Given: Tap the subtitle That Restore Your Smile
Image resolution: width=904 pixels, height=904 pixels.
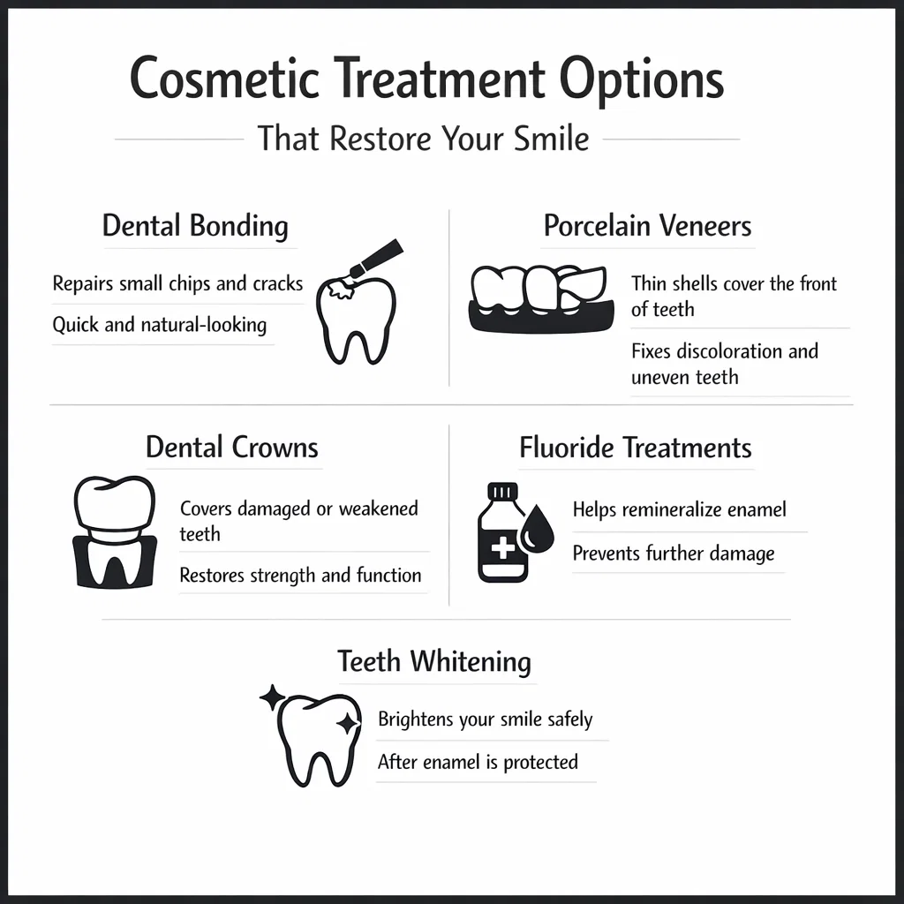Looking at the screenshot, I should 423,139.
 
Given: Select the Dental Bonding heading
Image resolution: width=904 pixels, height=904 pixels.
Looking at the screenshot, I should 195,225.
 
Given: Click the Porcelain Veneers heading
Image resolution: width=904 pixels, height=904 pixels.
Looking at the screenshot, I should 647,225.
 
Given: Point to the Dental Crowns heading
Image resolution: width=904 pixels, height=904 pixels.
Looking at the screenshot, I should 231,447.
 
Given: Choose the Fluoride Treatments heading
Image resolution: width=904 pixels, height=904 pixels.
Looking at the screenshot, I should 635,447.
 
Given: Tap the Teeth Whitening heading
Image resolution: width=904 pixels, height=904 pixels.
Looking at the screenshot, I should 434,661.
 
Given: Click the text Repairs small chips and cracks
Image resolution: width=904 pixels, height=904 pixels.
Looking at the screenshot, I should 177,284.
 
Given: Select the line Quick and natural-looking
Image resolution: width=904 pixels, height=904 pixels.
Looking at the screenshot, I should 159,325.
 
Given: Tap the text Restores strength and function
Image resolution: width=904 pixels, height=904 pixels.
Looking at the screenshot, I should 300,576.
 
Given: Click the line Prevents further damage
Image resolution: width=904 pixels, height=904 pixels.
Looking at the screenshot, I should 674,554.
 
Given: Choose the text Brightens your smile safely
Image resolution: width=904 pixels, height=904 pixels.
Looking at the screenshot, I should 485,719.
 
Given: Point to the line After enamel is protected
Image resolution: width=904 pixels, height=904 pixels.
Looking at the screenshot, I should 478,762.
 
